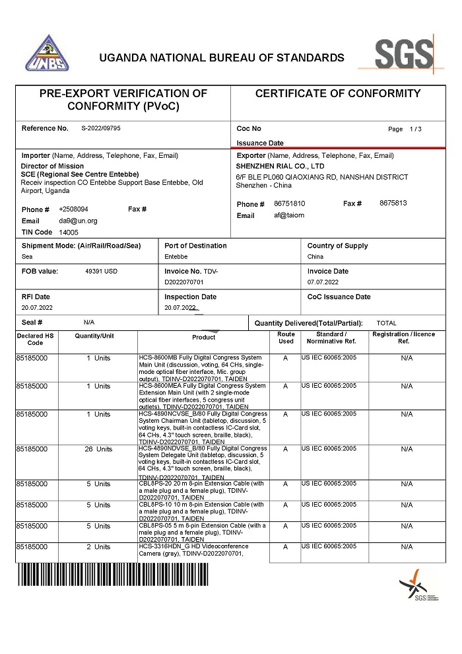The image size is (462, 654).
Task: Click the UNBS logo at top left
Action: tap(47, 54)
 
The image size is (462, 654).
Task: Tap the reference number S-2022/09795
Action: tap(101, 128)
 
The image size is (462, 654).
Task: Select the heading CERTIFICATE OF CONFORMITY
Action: tap(337, 94)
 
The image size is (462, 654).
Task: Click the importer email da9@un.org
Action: tap(78, 221)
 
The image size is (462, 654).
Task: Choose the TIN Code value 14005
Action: tap(69, 233)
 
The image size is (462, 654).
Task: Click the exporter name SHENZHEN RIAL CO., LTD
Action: tap(280, 166)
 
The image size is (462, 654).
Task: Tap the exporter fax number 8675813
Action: tap(393, 203)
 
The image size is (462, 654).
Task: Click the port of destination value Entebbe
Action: tap(176, 256)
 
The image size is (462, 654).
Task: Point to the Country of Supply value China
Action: tap(315, 256)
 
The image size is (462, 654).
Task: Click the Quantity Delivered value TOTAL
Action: tap(386, 323)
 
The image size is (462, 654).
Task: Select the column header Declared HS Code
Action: tap(35, 339)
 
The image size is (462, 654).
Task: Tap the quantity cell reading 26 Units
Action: tap(99, 449)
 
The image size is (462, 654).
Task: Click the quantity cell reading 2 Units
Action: tap(98, 547)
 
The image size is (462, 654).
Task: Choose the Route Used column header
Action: tap(286, 338)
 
